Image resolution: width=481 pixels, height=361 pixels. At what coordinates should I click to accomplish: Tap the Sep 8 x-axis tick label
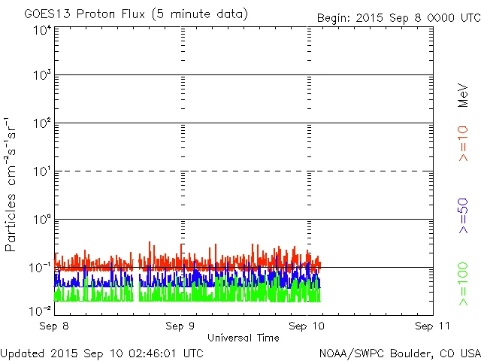pos(55,326)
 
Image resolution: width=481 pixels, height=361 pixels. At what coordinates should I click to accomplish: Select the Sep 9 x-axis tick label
pos(181,326)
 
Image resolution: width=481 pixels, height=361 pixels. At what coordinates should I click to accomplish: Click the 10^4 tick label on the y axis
pos(42,31)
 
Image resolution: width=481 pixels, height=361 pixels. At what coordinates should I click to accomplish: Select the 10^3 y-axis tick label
pos(42,75)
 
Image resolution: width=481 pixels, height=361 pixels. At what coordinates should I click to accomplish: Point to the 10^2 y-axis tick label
pos(42,123)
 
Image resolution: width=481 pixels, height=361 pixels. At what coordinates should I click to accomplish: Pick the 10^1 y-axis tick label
pos(42,171)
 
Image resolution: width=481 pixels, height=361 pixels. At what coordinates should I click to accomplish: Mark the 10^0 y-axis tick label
pos(42,220)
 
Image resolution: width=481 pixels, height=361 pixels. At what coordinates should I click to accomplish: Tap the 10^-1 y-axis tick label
pos(41,267)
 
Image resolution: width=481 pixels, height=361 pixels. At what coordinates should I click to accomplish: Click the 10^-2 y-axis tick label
pos(41,309)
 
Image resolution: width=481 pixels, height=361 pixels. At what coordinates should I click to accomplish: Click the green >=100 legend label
pos(463,284)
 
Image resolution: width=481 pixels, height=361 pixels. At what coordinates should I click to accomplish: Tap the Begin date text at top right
pos(397,17)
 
